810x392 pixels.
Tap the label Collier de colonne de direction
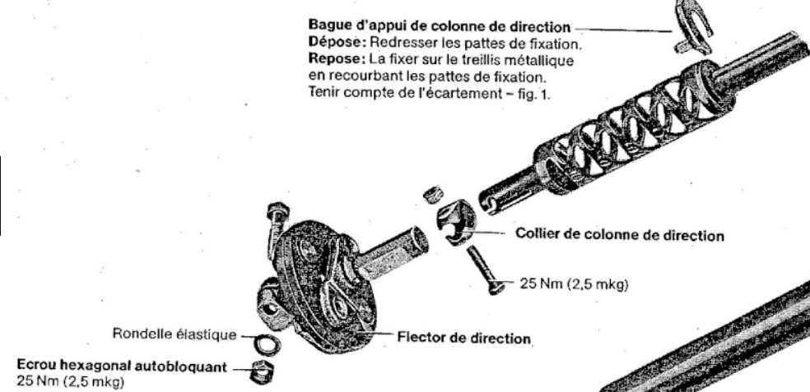tap(620, 235)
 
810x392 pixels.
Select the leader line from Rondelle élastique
tap(245, 335)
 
